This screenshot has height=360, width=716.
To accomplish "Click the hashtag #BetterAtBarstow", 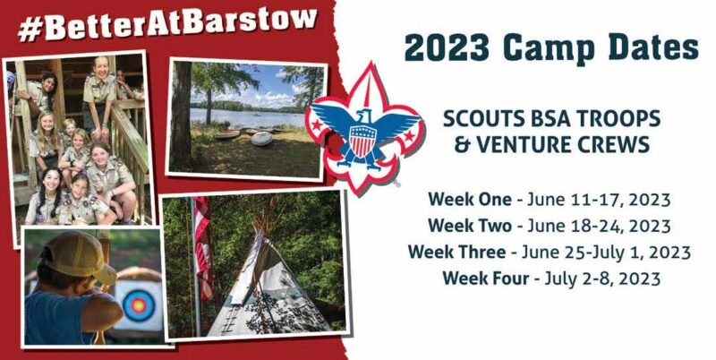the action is click(x=167, y=24).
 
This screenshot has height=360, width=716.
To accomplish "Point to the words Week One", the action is click(x=469, y=200).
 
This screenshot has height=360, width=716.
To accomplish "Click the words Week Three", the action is click(x=457, y=253).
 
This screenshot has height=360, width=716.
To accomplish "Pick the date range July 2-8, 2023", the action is click(x=602, y=279).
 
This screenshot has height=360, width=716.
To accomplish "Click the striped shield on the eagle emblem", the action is click(x=362, y=141).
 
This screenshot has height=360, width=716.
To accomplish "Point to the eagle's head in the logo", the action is click(x=363, y=116).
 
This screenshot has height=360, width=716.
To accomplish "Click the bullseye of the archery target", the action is click(x=137, y=304).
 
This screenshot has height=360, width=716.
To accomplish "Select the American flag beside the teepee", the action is click(x=203, y=246).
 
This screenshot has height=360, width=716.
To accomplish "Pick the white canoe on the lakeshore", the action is click(x=260, y=139).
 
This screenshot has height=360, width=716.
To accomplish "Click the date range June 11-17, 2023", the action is click(x=599, y=200).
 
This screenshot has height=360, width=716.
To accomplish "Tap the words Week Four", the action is click(x=485, y=279).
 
